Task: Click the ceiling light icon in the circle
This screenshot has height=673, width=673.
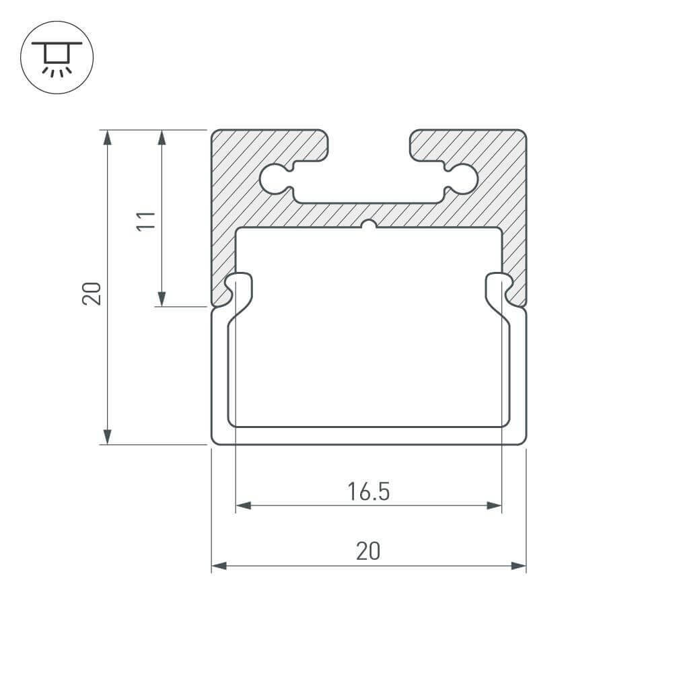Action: [57, 57]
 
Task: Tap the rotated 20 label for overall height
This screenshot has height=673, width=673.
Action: [92, 293]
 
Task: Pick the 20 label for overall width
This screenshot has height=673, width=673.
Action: [368, 552]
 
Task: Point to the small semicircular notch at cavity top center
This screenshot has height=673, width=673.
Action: [368, 225]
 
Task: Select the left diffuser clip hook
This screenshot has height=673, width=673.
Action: [240, 286]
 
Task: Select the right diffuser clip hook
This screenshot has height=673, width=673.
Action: [498, 286]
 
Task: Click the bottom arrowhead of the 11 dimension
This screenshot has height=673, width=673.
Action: [162, 299]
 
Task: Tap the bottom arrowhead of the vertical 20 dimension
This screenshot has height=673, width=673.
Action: [106, 437]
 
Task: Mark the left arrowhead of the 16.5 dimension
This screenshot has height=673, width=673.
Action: [243, 505]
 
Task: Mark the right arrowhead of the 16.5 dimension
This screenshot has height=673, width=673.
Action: [495, 505]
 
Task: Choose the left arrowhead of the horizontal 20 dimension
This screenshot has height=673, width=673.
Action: [219, 566]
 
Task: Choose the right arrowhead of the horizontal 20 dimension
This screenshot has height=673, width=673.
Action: [518, 566]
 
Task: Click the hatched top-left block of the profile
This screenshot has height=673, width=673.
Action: [269, 145]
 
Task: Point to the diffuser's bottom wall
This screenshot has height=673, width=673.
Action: [368, 435]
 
